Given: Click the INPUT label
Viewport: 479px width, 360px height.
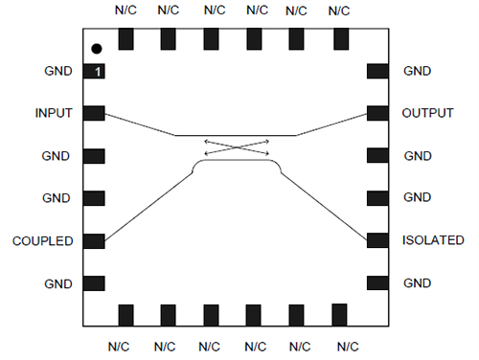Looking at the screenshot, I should (x=54, y=114).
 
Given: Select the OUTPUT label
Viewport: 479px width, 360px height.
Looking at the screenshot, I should (x=428, y=114).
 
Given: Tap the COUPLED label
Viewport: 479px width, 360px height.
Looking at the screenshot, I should (x=43, y=240).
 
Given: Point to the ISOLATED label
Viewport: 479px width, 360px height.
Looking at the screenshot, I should (x=434, y=240).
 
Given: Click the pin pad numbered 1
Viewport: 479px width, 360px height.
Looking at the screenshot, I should (x=94, y=72).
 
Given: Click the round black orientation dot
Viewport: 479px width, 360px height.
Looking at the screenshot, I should (x=96, y=49).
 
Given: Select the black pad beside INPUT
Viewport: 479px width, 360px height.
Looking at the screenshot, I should (x=94, y=114).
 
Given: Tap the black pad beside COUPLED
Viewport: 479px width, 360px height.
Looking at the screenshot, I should (x=94, y=240).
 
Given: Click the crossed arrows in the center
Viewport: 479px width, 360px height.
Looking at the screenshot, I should (x=236, y=148).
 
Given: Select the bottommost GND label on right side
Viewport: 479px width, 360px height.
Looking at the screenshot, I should (x=418, y=283).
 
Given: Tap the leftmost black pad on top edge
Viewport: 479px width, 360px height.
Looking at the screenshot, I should (x=125, y=39).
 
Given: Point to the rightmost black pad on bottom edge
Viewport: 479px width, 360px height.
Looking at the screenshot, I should (x=337, y=314).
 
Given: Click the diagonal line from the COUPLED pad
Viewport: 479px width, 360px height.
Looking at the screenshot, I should (x=148, y=201).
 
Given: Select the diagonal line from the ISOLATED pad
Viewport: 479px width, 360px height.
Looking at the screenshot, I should (x=326, y=202).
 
